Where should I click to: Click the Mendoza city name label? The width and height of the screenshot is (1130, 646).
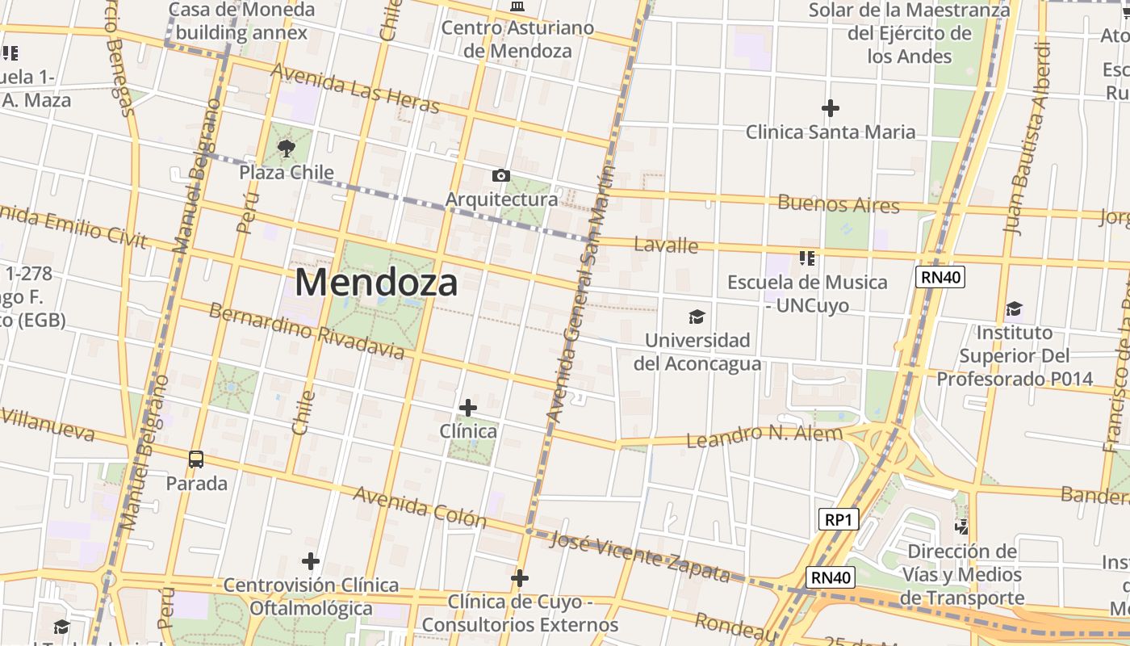[376, 283]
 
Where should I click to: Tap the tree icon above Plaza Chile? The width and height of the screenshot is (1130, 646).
[286, 148]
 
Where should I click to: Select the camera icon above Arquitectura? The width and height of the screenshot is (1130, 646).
[500, 175]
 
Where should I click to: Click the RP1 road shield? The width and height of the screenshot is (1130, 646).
[838, 520]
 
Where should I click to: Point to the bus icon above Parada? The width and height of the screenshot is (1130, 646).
[196, 459]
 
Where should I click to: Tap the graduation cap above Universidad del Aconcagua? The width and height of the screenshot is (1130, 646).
[697, 317]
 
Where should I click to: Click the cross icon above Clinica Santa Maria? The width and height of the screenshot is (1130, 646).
[831, 107]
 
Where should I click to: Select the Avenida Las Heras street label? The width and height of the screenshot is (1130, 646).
[355, 88]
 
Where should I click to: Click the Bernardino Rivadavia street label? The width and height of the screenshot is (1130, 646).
[307, 331]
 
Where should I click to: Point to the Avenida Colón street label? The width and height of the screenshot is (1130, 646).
[420, 506]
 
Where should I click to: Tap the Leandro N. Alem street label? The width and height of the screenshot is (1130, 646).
[764, 436]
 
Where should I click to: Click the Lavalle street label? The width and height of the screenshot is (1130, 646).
[666, 244]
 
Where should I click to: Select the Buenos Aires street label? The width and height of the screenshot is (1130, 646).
[839, 203]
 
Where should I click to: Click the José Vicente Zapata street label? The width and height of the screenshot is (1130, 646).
[639, 556]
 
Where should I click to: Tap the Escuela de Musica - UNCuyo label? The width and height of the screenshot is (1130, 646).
[807, 293]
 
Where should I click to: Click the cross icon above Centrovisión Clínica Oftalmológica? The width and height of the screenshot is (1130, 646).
[311, 560]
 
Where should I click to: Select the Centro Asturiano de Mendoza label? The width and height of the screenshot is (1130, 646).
[517, 39]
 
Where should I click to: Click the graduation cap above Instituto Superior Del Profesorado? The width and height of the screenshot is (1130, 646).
[1014, 309]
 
